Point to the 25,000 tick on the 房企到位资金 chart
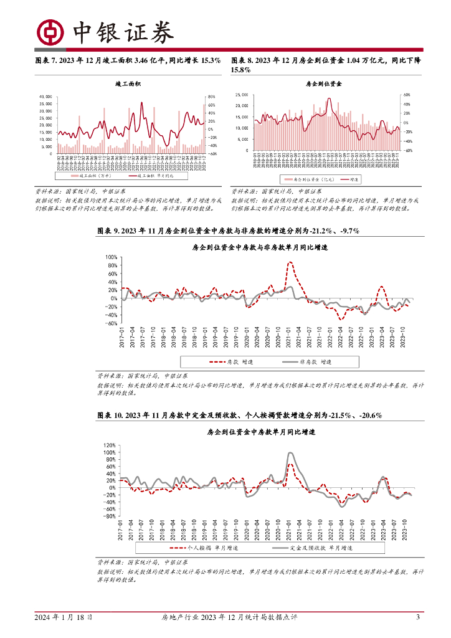(242, 95)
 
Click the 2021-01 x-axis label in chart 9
(290, 340)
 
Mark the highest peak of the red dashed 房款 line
(290, 262)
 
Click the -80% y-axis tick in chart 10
(110, 516)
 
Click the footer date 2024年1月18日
(64, 617)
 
